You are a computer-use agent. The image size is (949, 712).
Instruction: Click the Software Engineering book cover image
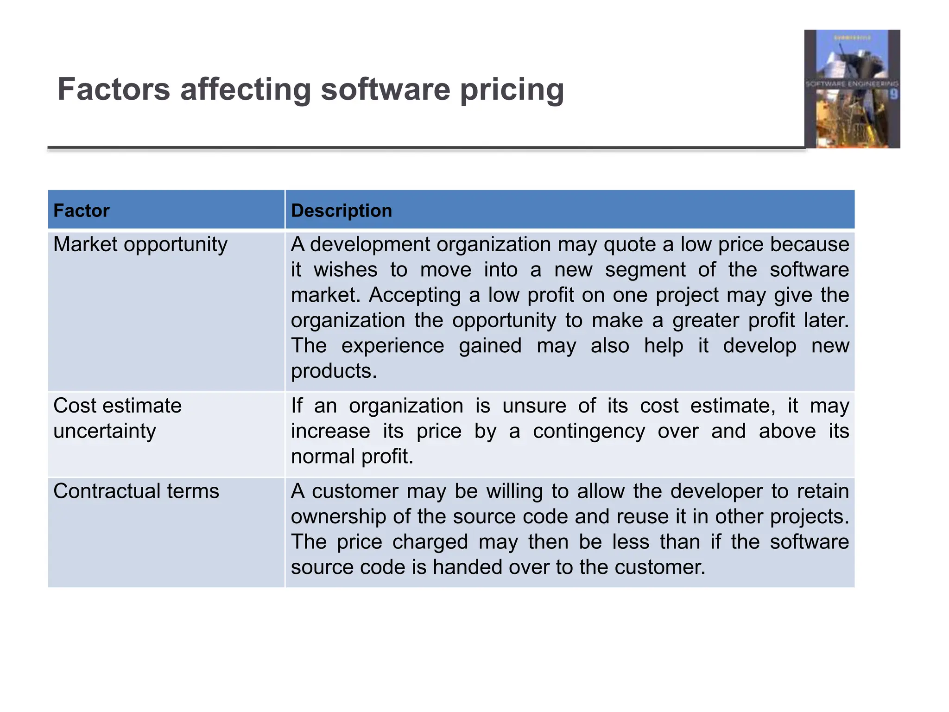[x=852, y=89]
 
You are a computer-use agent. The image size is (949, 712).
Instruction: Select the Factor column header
[x=82, y=211]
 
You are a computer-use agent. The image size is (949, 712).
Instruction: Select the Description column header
[x=341, y=211]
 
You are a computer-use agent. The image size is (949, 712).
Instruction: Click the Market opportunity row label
[x=140, y=244]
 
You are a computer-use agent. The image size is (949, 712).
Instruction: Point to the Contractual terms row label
[x=136, y=491]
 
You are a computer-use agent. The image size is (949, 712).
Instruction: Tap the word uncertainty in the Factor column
[x=105, y=432]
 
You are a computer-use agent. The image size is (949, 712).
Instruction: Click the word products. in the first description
[x=334, y=371]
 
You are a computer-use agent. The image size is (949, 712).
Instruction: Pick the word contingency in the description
[x=588, y=432]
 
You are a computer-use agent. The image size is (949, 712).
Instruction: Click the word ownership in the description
[x=338, y=517]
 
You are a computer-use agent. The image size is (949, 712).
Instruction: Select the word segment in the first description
[x=645, y=270]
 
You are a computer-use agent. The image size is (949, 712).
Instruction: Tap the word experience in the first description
[x=392, y=346]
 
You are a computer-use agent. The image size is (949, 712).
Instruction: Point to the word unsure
[x=534, y=406]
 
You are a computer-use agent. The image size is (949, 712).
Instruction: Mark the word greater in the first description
[x=704, y=321]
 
